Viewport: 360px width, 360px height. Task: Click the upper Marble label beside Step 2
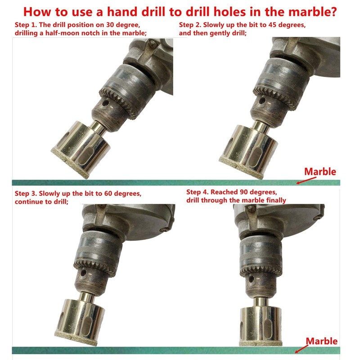(320, 171)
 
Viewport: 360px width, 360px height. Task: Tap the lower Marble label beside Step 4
(322, 341)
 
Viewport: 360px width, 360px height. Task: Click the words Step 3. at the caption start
(25, 193)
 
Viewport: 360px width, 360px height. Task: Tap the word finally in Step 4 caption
(273, 200)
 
